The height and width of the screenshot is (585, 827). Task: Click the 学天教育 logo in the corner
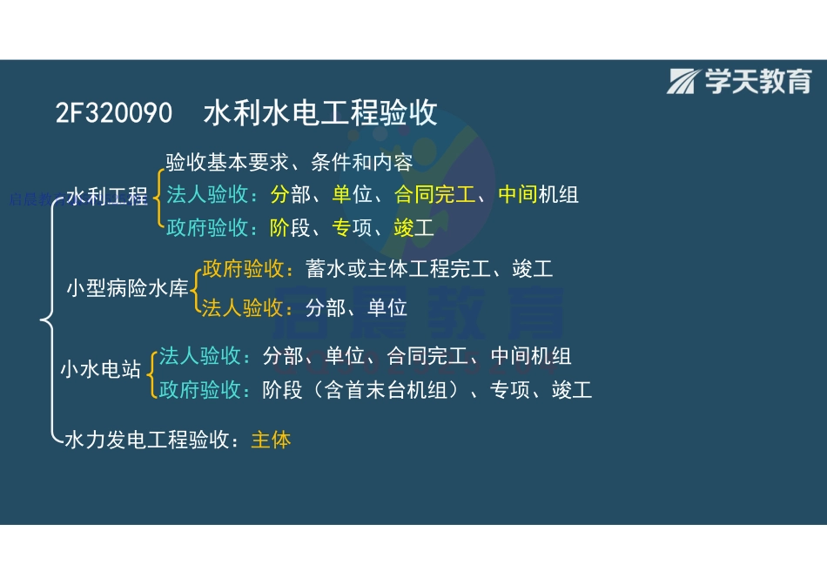739,81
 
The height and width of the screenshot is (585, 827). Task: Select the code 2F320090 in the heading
113,114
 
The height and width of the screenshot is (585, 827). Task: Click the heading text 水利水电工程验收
320,113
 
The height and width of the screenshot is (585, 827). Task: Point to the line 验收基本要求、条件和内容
288,162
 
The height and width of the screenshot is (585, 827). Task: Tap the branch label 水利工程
107,197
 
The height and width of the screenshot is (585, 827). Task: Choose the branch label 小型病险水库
128,289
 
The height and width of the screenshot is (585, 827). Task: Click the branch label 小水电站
100,368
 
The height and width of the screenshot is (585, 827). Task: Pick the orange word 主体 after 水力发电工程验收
271,440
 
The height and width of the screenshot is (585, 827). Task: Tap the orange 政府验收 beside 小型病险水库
244,269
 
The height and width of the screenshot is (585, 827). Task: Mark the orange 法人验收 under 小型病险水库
244,307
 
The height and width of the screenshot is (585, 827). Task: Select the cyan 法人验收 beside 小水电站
199,356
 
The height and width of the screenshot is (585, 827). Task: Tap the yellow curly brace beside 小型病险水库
195,288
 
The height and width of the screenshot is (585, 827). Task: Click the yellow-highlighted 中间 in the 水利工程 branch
517,194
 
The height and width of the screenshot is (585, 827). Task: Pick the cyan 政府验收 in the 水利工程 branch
207,228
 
